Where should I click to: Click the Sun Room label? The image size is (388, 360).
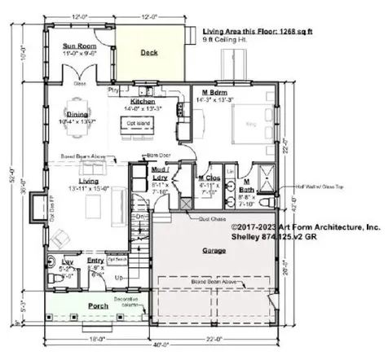(x=79, y=46)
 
